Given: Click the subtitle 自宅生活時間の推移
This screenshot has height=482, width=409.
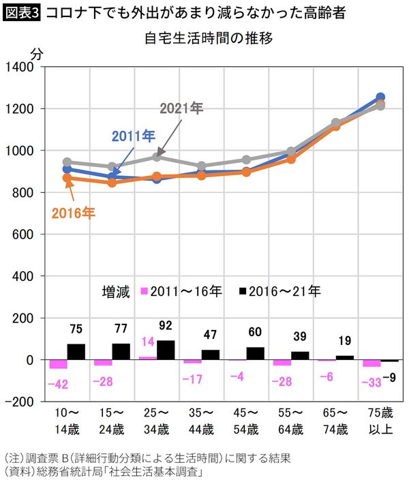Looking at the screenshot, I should (209, 38).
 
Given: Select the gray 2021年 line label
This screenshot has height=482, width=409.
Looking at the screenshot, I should (181, 108).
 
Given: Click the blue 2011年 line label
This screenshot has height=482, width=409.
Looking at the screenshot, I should (134, 136).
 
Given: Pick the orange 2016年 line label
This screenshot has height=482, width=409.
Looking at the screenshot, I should (74, 213).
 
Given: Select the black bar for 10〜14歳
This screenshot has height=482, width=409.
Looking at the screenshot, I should (76, 352).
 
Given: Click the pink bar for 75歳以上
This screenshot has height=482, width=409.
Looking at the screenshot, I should (372, 363).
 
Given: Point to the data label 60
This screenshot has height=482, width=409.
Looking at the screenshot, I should (254, 333).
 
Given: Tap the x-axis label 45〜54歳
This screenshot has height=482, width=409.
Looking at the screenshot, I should (246, 420).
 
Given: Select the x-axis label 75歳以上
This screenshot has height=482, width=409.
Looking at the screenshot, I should (379, 420).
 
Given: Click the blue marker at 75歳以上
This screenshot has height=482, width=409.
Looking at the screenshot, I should (380, 97).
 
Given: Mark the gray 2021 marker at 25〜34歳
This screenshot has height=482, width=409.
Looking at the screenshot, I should (157, 157).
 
